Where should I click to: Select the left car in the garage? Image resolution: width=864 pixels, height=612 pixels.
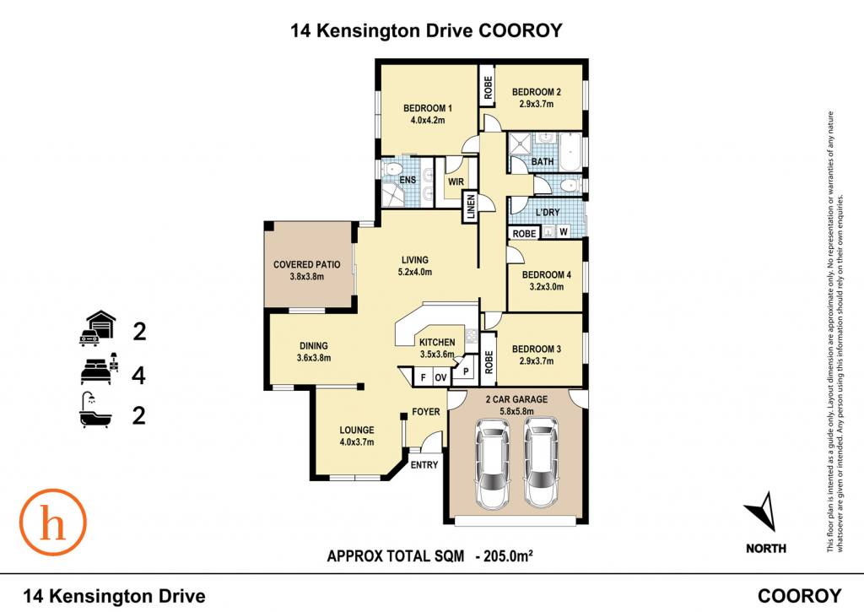pyautogui.click(x=493, y=463)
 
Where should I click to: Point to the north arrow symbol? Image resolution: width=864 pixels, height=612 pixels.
pyautogui.click(x=764, y=511)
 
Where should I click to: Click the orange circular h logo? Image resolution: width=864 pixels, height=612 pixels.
pyautogui.click(x=53, y=523)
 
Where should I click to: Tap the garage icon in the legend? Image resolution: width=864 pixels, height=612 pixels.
pyautogui.click(x=98, y=329)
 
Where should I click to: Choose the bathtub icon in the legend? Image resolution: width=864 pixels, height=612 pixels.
pyautogui.click(x=95, y=410)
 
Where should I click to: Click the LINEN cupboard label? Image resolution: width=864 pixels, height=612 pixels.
pyautogui.click(x=471, y=208)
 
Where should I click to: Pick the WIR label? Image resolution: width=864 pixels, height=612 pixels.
pyautogui.click(x=456, y=181)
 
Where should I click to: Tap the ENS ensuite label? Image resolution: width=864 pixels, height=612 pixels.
pyautogui.click(x=408, y=180)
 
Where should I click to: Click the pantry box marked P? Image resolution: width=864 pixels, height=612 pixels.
pyautogui.click(x=466, y=371)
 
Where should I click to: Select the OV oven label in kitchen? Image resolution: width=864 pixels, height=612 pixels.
pyautogui.click(x=440, y=377)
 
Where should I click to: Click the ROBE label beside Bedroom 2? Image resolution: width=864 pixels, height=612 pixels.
pyautogui.click(x=489, y=88)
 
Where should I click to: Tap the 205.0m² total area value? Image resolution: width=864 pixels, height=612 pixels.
pyautogui.click(x=507, y=555)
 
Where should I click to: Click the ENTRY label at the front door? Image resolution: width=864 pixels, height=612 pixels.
pyautogui.click(x=424, y=465)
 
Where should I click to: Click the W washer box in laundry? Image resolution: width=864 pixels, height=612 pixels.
pyautogui.click(x=563, y=232)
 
